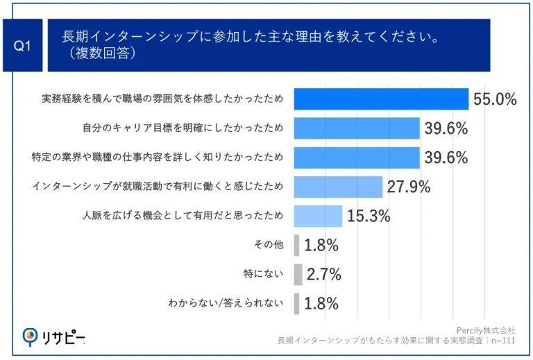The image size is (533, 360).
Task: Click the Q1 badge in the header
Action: click(23, 45)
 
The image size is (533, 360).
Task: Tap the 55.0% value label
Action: click(495, 99)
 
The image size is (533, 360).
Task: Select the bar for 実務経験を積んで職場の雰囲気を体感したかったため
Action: click(381, 99)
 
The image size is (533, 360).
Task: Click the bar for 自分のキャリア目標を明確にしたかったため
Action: click(357, 128)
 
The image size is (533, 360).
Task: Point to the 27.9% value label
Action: click(408, 187)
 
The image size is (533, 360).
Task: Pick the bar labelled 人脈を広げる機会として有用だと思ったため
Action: click(318, 216)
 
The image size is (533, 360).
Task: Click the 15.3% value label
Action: click(368, 216)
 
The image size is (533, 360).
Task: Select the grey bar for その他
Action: click(297, 245)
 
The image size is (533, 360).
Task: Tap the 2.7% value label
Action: click(323, 274)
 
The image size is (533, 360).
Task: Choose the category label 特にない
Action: click(265, 275)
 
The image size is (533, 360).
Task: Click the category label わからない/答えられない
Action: click(226, 304)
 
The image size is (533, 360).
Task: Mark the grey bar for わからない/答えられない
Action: click(297, 303)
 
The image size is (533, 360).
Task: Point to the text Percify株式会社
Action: click(485, 330)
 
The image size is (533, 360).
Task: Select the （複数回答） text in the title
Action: click(97, 53)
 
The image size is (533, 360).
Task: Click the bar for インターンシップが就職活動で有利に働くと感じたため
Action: click(338, 187)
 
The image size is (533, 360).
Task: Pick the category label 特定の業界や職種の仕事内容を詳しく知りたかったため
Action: click(158, 157)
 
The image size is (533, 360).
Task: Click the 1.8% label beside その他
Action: click(321, 245)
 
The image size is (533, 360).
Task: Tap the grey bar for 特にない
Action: click(298, 274)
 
